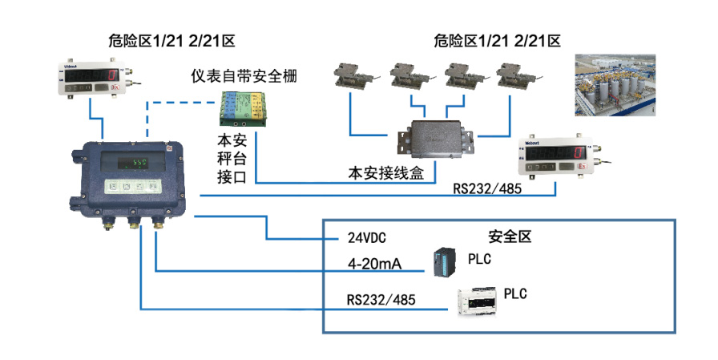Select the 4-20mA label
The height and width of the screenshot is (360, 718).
point(374,262)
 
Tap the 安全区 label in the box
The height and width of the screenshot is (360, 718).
point(510,237)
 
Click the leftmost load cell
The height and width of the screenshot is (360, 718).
point(353,77)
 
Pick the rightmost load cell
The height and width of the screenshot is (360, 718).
point(517,76)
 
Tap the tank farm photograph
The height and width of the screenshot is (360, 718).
point(615,85)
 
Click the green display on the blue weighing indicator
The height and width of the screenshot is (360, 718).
point(139,163)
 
